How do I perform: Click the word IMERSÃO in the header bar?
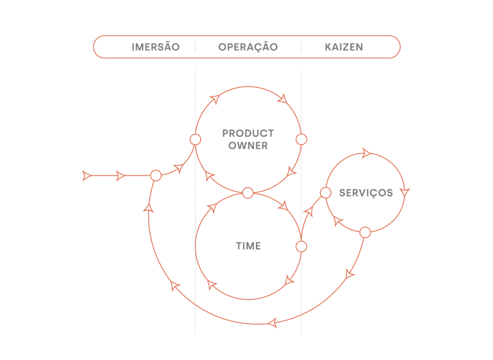(x=155, y=48)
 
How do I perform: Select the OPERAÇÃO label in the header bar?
(x=248, y=48)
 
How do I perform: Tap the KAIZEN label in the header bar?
(x=344, y=48)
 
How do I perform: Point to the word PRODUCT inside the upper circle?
(x=248, y=133)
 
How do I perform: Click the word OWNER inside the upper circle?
(x=248, y=145)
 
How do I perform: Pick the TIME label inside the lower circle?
(x=248, y=247)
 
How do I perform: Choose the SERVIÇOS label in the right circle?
(x=366, y=193)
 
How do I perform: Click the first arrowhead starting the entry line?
(x=86, y=176)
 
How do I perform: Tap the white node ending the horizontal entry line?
(x=155, y=176)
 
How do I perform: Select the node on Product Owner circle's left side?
(x=196, y=139)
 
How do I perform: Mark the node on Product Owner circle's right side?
(x=301, y=139)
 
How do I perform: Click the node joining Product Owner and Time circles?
(x=248, y=193)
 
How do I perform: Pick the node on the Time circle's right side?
(x=301, y=247)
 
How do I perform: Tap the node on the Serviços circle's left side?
(x=326, y=193)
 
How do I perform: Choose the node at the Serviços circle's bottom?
(x=365, y=233)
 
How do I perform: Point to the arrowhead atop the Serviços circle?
(x=366, y=154)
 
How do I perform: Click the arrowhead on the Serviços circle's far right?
(x=405, y=192)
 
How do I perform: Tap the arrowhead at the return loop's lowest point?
(x=273, y=323)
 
